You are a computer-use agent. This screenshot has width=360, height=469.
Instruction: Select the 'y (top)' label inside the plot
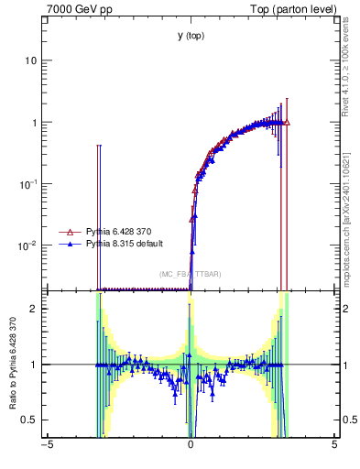coord(191,36)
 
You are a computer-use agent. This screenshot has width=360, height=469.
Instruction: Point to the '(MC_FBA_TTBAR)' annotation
coord(191,274)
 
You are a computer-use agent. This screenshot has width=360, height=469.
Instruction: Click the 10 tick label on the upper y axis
coord(29,60)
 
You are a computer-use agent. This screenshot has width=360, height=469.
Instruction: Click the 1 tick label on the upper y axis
coord(33,122)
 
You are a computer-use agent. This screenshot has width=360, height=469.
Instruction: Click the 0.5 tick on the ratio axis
coord(29,420)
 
